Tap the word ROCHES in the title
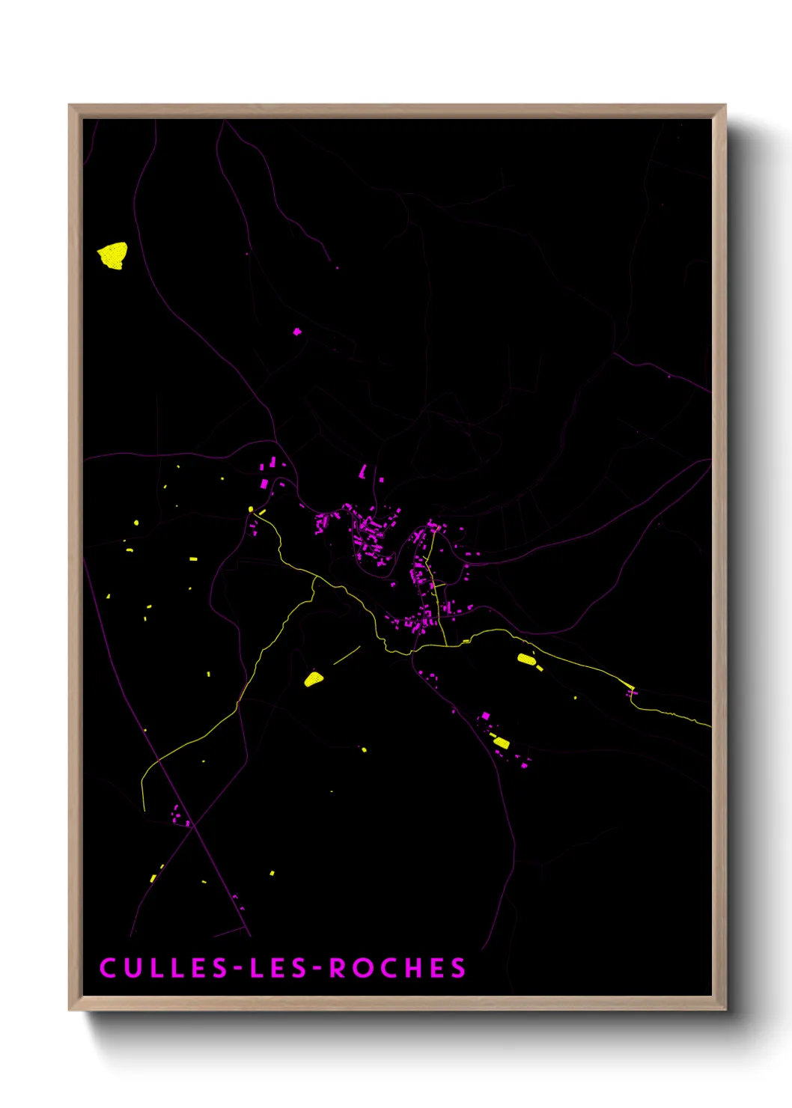tap(397, 968)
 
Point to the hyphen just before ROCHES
tap(317, 969)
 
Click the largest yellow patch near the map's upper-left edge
tap(113, 255)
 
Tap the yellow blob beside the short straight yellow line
tap(314, 679)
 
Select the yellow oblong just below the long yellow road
tap(526, 659)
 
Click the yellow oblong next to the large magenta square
tap(501, 743)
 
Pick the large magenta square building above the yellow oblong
tap(485, 716)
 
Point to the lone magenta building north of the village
tap(297, 332)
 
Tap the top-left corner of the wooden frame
tap(70, 106)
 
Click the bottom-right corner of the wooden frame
tap(725, 1009)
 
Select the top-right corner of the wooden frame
tap(725, 106)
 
